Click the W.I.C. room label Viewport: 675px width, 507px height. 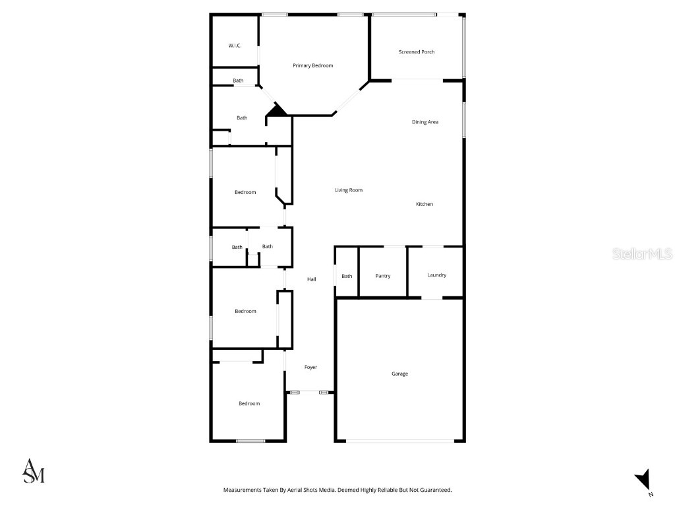[x=235, y=46]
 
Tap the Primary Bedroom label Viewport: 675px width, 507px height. [x=313, y=65]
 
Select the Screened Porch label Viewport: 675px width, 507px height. [x=417, y=51]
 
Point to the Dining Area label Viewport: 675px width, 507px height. [x=425, y=121]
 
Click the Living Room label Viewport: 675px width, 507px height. [x=349, y=190]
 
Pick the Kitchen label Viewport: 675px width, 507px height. [x=425, y=204]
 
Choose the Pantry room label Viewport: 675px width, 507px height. [x=382, y=276]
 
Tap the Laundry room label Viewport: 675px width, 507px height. [x=436, y=275]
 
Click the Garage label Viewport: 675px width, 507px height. [x=399, y=374]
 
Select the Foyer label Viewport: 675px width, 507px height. [x=310, y=367]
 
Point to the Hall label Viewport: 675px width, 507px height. [x=312, y=279]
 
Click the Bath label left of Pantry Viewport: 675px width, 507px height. [x=347, y=276]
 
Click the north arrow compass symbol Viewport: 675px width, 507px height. [x=643, y=481]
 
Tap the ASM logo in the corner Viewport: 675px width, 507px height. [x=34, y=470]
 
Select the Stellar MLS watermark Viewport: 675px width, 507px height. [x=641, y=253]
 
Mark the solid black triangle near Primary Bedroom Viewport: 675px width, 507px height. [x=278, y=110]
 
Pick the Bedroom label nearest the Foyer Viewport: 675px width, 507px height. [x=249, y=403]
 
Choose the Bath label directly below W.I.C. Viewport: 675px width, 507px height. [x=238, y=81]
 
